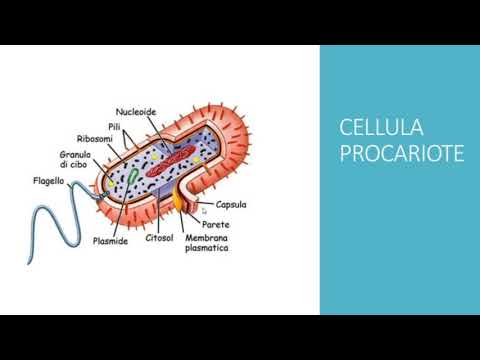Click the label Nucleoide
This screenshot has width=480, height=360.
tap(136, 112)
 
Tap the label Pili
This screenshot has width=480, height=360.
tap(115, 126)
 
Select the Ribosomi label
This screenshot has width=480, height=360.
tap(97, 138)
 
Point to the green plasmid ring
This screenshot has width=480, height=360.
tap(133, 178)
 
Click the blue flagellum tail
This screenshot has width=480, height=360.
tap(45, 225)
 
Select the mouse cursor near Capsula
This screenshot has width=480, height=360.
tap(204, 211)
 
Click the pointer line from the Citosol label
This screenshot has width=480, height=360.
tap(164, 215)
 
